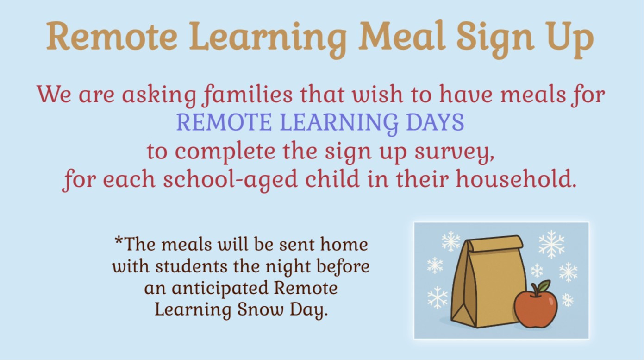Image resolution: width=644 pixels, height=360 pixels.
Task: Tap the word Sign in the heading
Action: tap(495, 37)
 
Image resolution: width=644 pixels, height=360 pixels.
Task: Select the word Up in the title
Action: tap(570, 37)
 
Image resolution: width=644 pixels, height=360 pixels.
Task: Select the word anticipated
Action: tap(220, 288)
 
